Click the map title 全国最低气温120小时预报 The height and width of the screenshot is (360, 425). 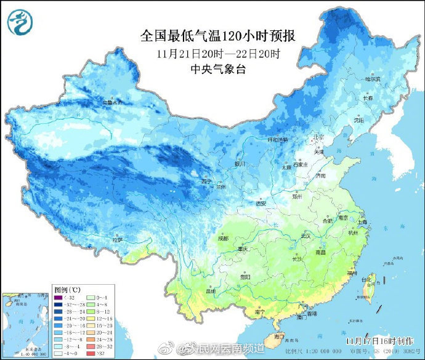click(x=217, y=36)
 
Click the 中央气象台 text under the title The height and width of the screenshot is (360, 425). click(x=218, y=69)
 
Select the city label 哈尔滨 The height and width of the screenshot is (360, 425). click(x=372, y=79)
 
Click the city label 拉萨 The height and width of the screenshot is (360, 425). click(x=117, y=239)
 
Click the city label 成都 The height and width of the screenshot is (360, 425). click(x=222, y=238)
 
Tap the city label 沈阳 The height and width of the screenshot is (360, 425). click(x=359, y=120)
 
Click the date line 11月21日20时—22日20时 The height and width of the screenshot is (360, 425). click(x=218, y=54)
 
